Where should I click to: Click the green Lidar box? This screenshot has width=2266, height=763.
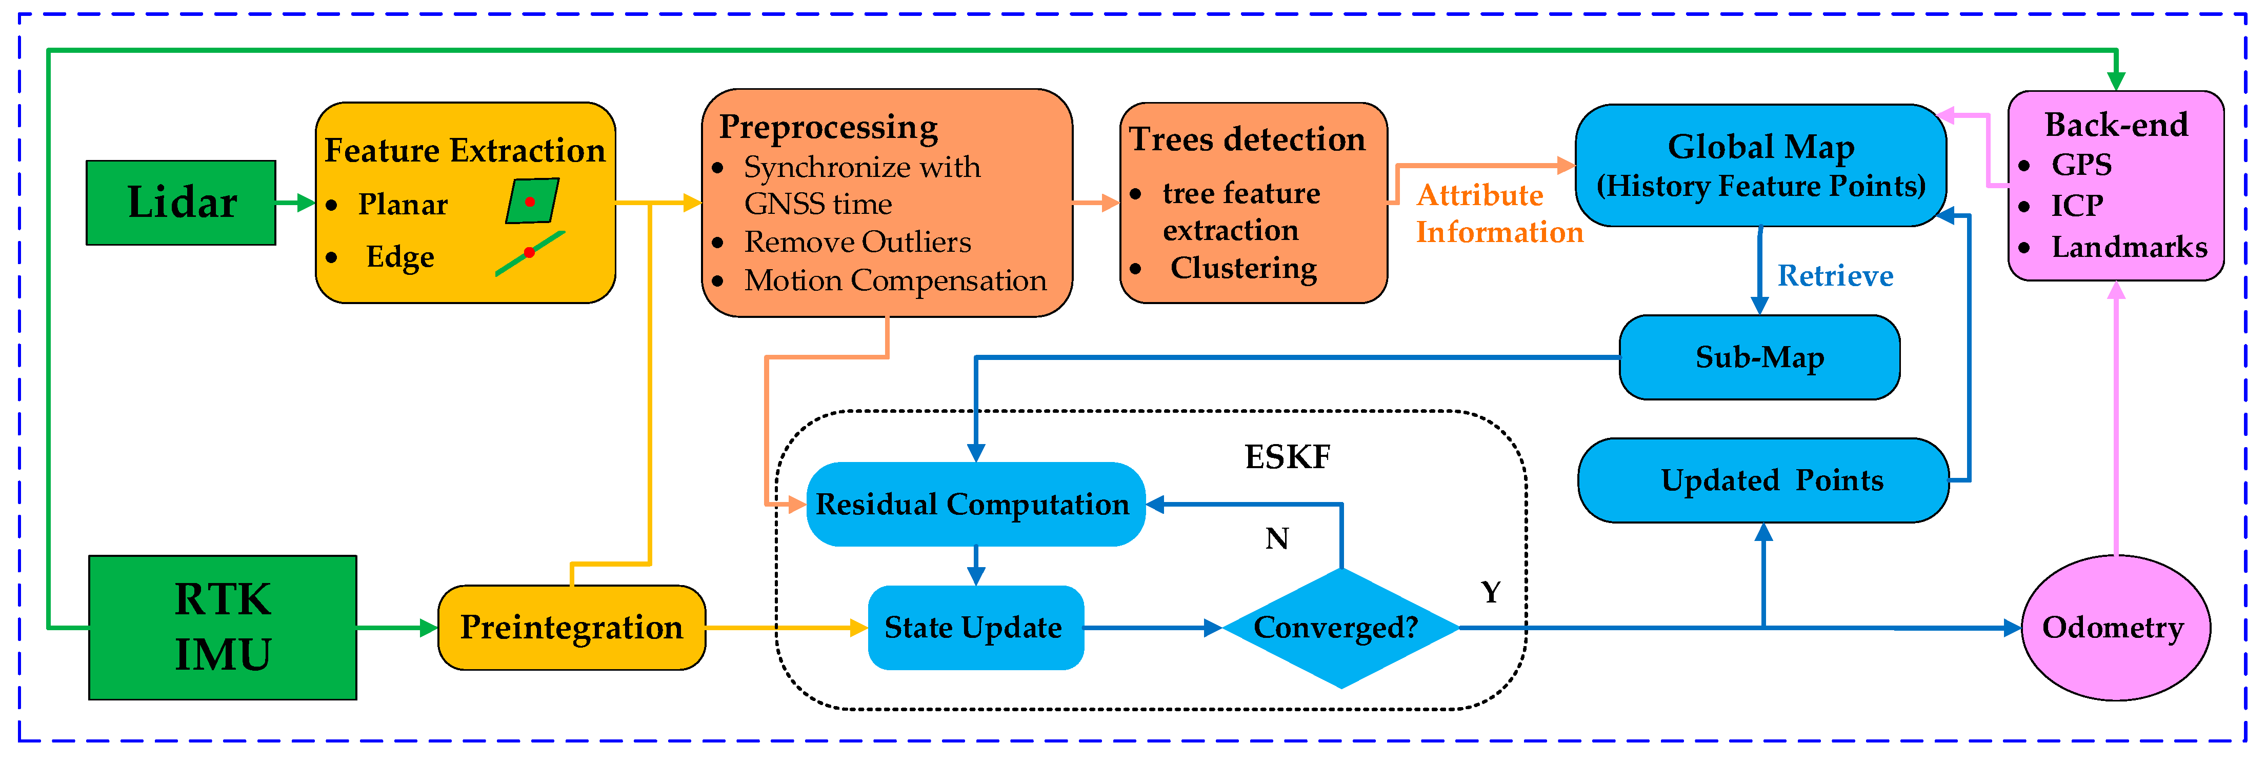click(181, 203)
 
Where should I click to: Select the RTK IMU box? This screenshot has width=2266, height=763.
click(223, 628)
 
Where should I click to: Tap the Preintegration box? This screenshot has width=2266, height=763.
click(572, 628)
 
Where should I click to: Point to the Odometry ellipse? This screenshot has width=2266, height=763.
click(2115, 628)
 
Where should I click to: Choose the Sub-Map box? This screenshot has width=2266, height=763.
click(1759, 357)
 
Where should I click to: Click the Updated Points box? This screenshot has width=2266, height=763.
click(1763, 480)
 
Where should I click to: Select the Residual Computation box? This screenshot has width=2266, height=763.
click(975, 504)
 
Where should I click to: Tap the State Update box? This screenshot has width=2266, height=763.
click(975, 628)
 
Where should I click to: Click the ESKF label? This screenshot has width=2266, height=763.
click(1287, 457)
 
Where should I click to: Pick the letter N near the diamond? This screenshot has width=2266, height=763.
click(1276, 538)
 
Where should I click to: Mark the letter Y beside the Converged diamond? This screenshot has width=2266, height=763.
click(1490, 592)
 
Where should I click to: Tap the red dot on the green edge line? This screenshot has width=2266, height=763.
click(529, 253)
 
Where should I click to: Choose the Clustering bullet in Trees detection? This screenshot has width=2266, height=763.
click(1243, 268)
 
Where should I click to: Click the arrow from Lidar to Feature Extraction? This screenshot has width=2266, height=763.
click(295, 203)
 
